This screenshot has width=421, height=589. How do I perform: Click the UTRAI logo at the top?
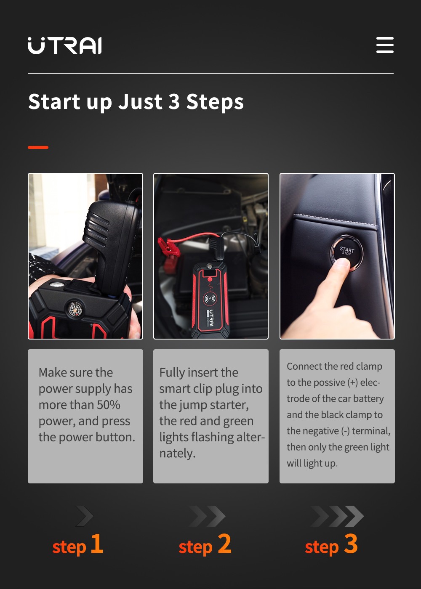pyautogui.click(x=65, y=46)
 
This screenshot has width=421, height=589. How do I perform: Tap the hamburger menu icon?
pyautogui.click(x=385, y=45)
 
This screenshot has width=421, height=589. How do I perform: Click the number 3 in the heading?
pyautogui.click(x=174, y=102)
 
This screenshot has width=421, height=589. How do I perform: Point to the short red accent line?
pyautogui.click(x=38, y=147)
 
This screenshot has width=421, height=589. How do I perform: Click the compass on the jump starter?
pyautogui.click(x=75, y=309)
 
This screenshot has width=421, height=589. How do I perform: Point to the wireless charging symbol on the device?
pyautogui.click(x=210, y=299)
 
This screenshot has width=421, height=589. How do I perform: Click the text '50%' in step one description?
pyautogui.click(x=109, y=405)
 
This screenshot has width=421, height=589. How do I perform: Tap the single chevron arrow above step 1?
pyautogui.click(x=85, y=516)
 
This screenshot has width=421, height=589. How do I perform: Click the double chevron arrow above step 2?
pyautogui.click(x=208, y=516)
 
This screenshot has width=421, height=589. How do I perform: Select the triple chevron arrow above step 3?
pyautogui.click(x=337, y=516)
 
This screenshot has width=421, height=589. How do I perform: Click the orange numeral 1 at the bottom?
pyautogui.click(x=97, y=544)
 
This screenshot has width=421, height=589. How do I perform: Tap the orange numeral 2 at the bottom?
pyautogui.click(x=224, y=544)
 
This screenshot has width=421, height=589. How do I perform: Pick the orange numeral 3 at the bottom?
pyautogui.click(x=351, y=544)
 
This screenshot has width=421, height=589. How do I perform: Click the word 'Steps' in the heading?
pyautogui.click(x=215, y=102)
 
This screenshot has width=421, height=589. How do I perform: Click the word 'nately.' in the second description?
pyautogui.click(x=177, y=453)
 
